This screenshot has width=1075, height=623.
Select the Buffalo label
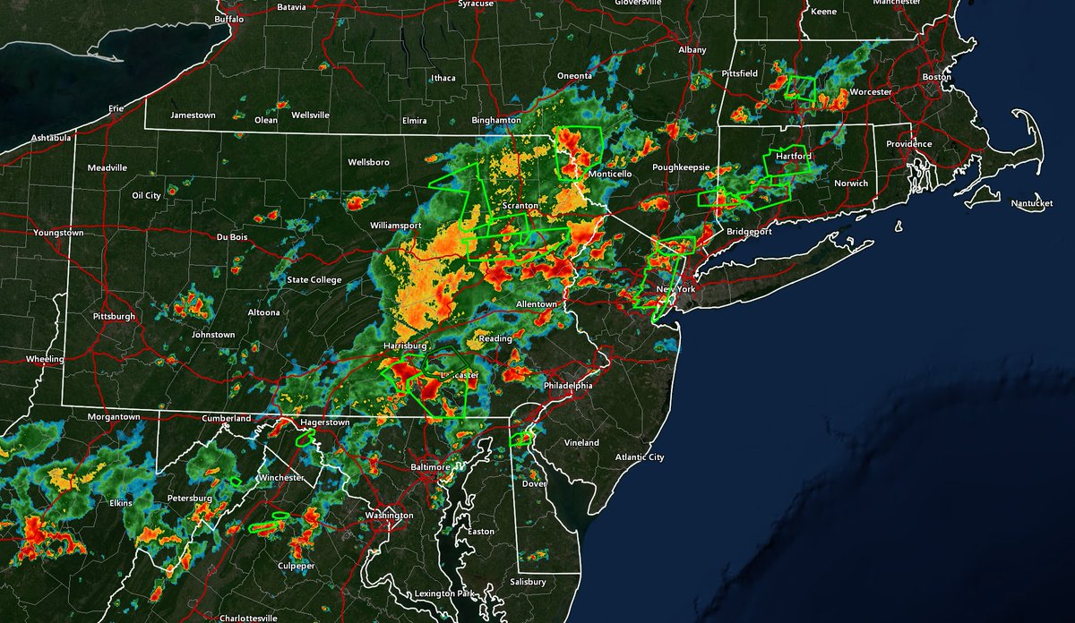[x=228, y=19]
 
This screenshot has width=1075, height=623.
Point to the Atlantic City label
[x=641, y=457]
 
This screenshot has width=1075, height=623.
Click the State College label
[x=314, y=280]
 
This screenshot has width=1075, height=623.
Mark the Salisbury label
[x=528, y=582]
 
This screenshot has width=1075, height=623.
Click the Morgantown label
[x=114, y=417]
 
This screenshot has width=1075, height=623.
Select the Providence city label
[x=909, y=144]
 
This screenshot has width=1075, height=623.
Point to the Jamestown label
[x=193, y=115]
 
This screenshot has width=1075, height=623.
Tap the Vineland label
[x=581, y=443]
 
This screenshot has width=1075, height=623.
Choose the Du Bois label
[x=231, y=237]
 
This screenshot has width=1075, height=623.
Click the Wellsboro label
[x=369, y=162]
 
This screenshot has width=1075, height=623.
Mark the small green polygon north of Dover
[x=520, y=439]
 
